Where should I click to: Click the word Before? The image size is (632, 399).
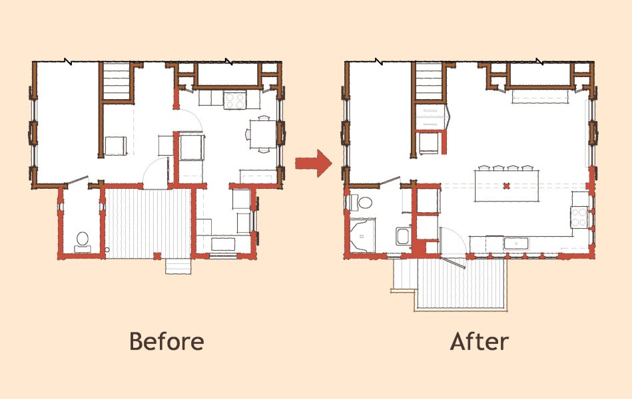point(166,341)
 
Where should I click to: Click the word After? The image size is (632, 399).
point(479,341)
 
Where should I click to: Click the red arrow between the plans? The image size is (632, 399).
point(314,163)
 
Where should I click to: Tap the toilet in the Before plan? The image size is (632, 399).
point(83,241)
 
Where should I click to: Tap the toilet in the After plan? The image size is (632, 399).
point(361,202)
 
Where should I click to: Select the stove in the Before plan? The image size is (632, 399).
point(235,100)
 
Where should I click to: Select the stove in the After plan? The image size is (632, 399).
point(579,217)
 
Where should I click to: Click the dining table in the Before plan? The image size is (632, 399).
point(263,134)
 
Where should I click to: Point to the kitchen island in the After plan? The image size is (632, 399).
point(507,186)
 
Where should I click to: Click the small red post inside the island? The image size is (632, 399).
point(507,186)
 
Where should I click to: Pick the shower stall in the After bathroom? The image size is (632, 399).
point(362,235)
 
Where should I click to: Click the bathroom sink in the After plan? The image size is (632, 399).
point(403,236)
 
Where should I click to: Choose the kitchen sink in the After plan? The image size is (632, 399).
point(516,243)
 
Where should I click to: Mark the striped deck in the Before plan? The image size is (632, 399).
point(148,224)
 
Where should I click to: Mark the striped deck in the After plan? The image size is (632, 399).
point(462,283)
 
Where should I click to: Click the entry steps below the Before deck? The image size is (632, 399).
point(178,266)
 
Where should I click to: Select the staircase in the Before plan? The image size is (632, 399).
point(116,81)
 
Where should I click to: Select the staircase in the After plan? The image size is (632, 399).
point(430,81)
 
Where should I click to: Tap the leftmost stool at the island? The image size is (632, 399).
point(483,168)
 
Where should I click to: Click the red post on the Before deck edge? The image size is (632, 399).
point(157,255)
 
